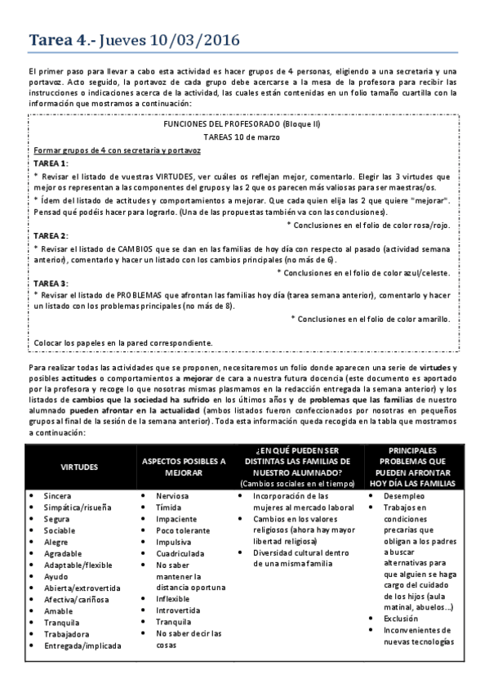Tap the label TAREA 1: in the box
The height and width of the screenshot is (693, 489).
tap(51, 163)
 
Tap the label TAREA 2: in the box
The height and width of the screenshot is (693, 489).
tap(51, 235)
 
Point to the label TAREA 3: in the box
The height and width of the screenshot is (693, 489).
tap(51, 282)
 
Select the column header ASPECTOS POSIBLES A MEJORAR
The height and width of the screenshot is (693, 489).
tap(184, 467)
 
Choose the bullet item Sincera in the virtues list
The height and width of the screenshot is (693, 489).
tap(57, 496)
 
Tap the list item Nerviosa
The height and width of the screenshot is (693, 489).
tap(172, 496)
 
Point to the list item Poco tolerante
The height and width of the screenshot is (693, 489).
tap(182, 530)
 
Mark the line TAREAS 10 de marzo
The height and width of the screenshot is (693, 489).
tap(243, 136)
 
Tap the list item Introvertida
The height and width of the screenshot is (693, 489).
tap(178, 610)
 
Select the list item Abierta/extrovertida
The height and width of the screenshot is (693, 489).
tap(82, 588)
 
